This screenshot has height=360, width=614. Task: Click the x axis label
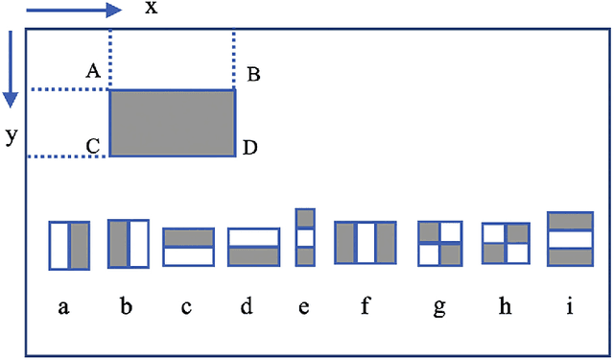tap(151, 9)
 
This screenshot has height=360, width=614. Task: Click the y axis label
tap(11, 136)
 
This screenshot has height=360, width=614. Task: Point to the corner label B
tap(253, 74)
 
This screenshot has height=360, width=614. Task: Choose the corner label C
tap(93, 146)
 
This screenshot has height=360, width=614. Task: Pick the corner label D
tap(249, 147)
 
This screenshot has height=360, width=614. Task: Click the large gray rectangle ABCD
tap(173, 123)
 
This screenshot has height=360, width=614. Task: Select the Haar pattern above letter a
tap(69, 245)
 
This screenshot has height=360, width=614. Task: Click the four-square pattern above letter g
tap(440, 244)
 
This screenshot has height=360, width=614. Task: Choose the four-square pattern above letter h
tap(506, 244)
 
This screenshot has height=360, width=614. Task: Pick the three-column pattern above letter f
tap(366, 242)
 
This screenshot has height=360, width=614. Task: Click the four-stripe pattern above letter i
tap(570, 239)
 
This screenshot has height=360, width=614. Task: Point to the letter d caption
tap(248, 307)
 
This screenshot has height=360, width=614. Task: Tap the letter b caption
tap(126, 307)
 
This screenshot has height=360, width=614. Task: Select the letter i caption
tap(570, 307)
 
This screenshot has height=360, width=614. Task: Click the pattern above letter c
tap(188, 247)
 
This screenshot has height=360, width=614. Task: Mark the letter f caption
tap(366, 307)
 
